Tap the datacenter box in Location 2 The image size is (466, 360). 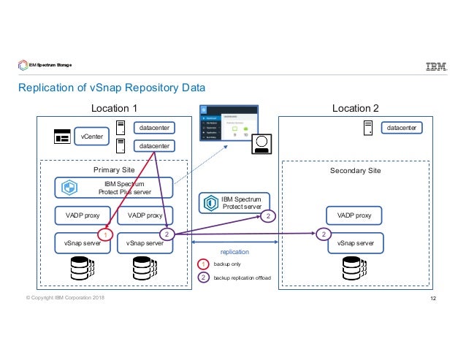tap(402, 129)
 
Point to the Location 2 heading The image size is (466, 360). tap(355, 109)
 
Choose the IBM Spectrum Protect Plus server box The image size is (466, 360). tap(115, 188)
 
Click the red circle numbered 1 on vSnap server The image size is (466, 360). tap(105, 235)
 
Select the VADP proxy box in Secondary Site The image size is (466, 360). tap(354, 215)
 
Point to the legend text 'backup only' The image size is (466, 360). tap(228, 264)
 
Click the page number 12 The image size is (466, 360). tap(433, 299)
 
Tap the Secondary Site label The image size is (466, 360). tap(356, 170)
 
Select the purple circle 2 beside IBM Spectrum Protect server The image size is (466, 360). tap(269, 216)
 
